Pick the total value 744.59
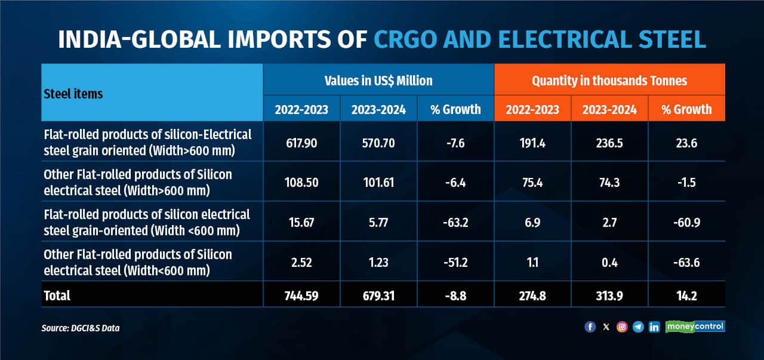301,295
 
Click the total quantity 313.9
609,295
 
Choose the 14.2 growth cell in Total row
686,295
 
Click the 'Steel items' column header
73,94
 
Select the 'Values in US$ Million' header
378,80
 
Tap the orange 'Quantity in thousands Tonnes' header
609,80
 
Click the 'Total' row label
57,295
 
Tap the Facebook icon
590,327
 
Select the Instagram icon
622,327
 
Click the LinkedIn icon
654,327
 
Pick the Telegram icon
638,327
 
